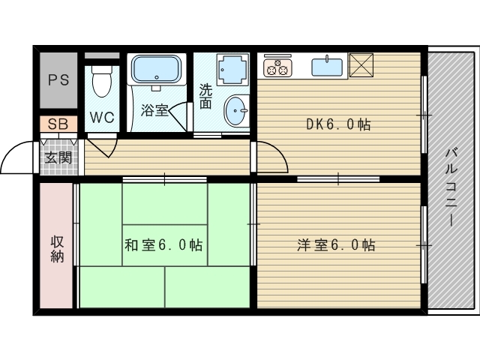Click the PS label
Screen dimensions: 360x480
[x=59, y=80]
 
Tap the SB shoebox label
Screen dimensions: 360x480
[x=58, y=124]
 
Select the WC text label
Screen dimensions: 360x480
[x=102, y=118]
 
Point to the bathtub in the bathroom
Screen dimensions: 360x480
[x=156, y=71]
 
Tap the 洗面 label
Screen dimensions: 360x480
[x=205, y=95]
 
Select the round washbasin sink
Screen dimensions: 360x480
[x=237, y=112]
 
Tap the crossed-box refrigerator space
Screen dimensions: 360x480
[x=362, y=66]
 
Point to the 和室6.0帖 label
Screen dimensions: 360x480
[x=163, y=244]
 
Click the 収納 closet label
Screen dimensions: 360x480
[x=57, y=248]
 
